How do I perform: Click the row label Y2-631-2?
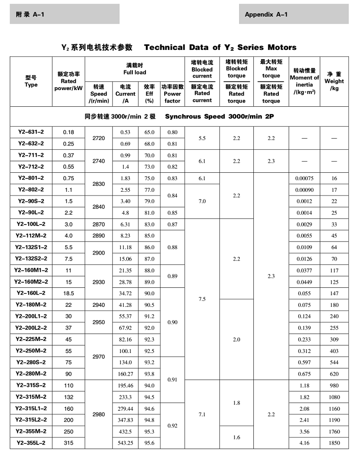(31, 132)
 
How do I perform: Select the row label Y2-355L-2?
(31, 443)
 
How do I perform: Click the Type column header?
(31, 81)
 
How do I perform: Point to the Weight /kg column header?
(334, 81)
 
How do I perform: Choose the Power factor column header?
(172, 93)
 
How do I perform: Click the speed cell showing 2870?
(98, 224)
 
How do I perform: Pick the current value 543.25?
(126, 443)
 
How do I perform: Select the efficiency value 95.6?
(149, 443)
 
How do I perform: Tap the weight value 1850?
(334, 443)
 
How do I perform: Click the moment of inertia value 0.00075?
(304, 178)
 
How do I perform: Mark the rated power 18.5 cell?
(68, 293)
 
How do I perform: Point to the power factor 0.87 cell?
(172, 224)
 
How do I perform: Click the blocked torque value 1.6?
(236, 437)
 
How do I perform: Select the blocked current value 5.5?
(202, 138)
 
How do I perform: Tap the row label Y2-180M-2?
(31, 304)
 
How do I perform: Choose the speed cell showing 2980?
(98, 414)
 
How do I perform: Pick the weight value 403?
(334, 351)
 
